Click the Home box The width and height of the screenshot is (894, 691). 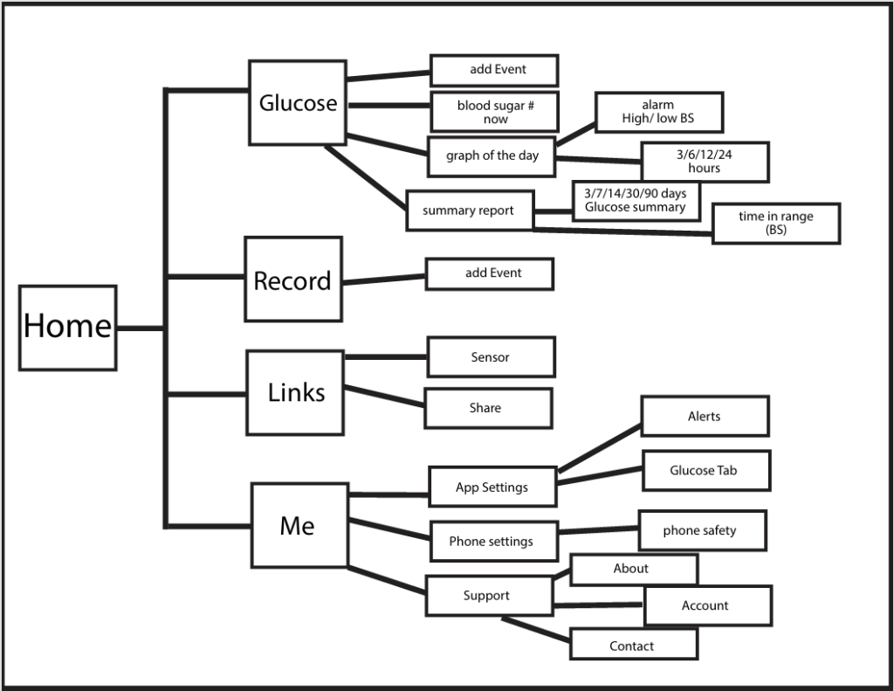[x=67, y=327]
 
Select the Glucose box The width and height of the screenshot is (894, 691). [x=297, y=102]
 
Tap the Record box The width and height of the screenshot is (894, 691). [x=292, y=280]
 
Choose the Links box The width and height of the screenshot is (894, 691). [x=295, y=392]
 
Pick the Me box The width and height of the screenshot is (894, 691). [x=299, y=525]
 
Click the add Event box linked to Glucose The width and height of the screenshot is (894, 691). [x=494, y=70]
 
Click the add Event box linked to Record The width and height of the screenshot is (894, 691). [x=490, y=273]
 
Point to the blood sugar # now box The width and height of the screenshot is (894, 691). [x=494, y=112]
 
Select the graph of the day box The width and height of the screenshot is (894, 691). [x=492, y=156]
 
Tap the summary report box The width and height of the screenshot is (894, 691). [x=470, y=211]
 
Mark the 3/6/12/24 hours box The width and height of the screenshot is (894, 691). [x=705, y=162]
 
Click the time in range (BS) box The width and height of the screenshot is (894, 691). [x=776, y=223]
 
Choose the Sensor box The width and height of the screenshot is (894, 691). [x=490, y=357]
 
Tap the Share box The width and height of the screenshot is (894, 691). [x=487, y=408]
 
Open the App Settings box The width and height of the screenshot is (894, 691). [x=492, y=487]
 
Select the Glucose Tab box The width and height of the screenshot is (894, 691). [x=705, y=470]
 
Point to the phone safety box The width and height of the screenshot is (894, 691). [x=702, y=530]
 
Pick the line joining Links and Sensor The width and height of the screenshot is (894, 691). [x=386, y=356]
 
